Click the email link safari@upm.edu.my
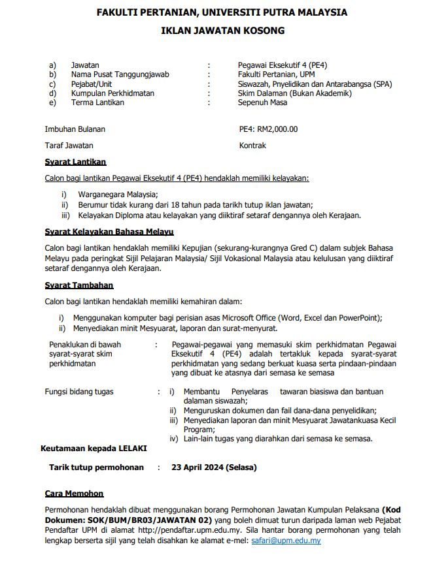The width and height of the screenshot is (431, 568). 286,541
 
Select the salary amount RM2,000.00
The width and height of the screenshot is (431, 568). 278,129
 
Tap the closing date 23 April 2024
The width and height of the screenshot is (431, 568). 214,467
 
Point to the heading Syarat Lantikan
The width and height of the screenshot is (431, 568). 75,162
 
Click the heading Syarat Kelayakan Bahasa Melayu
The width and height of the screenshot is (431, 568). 109,232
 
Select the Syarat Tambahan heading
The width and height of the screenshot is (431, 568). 78,285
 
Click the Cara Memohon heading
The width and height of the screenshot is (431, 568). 74,494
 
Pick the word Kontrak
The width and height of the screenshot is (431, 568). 252,146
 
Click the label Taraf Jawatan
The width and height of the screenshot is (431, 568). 69,146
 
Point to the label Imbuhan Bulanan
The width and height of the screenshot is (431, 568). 75,129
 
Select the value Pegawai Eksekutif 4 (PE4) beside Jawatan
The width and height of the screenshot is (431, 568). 283,65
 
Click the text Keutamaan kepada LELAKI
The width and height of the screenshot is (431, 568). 94,449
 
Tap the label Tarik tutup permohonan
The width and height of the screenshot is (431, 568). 96,467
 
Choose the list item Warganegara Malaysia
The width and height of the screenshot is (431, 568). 118,195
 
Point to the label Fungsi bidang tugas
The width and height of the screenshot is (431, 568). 78,392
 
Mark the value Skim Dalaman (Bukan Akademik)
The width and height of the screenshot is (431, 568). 295,93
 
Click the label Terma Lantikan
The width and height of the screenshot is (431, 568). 97,103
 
